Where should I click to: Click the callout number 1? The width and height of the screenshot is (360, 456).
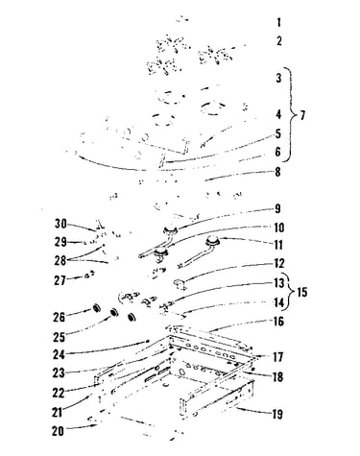279,23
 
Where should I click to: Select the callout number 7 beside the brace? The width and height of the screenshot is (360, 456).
302,115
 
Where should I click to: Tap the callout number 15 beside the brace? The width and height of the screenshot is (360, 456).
302,292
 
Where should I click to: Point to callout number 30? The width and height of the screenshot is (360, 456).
60,224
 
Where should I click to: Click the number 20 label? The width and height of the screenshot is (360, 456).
58,431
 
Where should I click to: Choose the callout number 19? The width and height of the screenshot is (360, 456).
277,414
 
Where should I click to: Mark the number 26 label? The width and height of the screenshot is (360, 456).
60,317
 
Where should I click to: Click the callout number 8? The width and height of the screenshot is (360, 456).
277,172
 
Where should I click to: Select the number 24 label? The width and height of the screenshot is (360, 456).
59,354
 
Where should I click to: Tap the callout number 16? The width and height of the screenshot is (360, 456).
278,322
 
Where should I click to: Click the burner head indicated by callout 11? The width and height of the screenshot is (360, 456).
212,240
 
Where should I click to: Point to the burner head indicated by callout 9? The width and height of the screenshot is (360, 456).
170,229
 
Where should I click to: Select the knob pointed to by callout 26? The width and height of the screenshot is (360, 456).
96,308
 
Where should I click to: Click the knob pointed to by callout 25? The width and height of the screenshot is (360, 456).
113,312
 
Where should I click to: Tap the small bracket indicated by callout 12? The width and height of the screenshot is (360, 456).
180,284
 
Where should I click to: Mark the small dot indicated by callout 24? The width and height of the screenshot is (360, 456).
147,342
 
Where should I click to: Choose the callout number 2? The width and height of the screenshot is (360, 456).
279,41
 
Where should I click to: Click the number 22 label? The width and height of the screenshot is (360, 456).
59,393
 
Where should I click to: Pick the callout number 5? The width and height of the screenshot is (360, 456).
278,133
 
